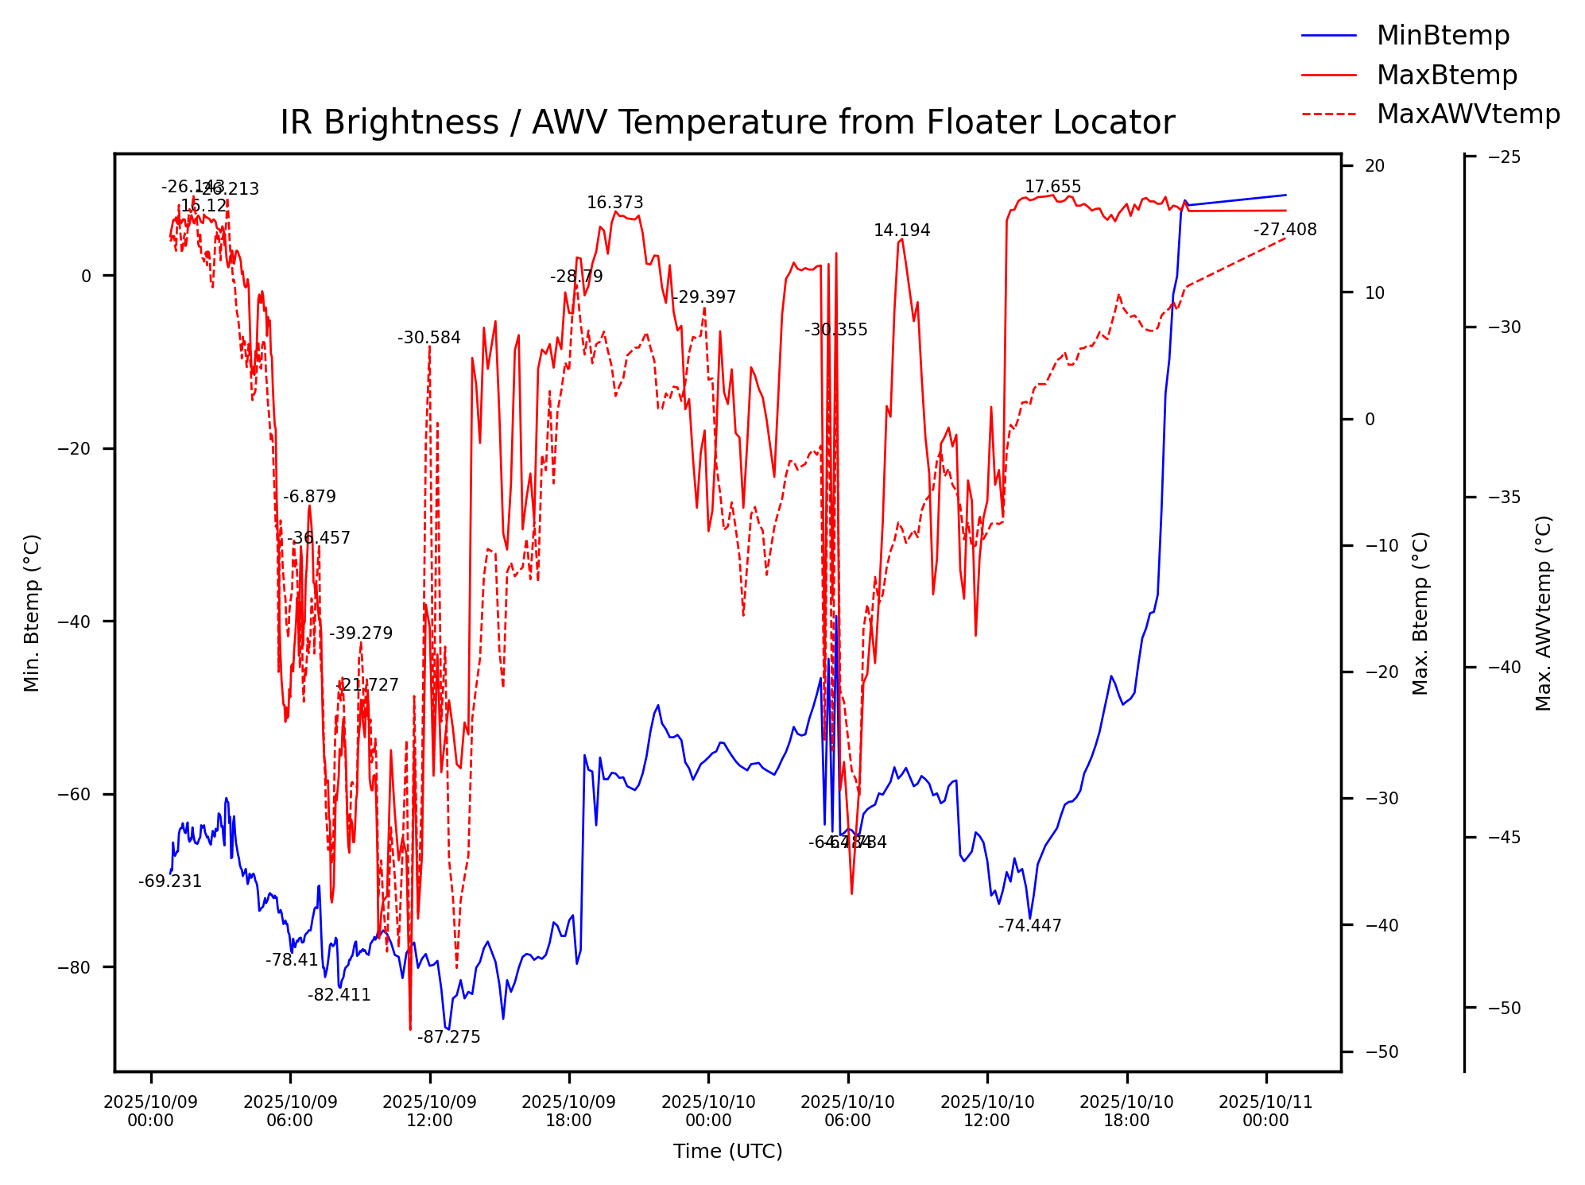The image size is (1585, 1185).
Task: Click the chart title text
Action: point(727,123)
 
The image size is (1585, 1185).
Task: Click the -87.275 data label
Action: point(449,1037)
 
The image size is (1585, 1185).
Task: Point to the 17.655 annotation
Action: point(1052,187)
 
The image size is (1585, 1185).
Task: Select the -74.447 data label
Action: point(1029,926)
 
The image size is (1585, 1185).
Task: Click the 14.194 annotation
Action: point(901,230)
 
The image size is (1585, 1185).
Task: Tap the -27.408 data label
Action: point(1285,230)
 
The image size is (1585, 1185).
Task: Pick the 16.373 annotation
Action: point(614,203)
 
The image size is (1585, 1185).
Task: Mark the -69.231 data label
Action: point(170,881)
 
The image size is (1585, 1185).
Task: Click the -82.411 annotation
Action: point(339,995)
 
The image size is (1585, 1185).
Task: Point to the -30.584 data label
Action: point(429,338)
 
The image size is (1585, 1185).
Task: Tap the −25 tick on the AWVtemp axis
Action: point(1504,157)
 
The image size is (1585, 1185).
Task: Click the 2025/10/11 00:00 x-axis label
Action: point(1265,1111)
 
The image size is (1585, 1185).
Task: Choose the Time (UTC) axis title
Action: point(727,1152)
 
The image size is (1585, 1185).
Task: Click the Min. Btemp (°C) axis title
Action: point(32,613)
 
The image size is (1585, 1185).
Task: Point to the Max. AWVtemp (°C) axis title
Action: point(1544,613)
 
